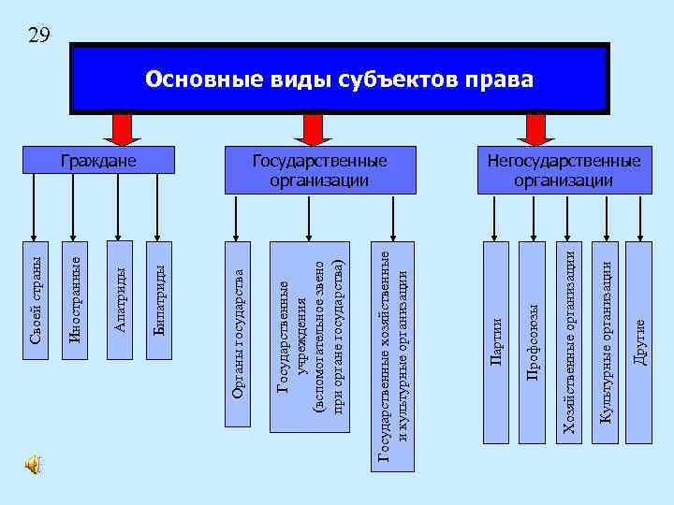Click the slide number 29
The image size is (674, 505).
[38, 36]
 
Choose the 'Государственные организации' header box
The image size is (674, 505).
[319, 169]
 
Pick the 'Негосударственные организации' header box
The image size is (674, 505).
[564, 169]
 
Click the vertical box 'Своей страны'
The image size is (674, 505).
[37, 300]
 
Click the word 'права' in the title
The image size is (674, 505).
[500, 79]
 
